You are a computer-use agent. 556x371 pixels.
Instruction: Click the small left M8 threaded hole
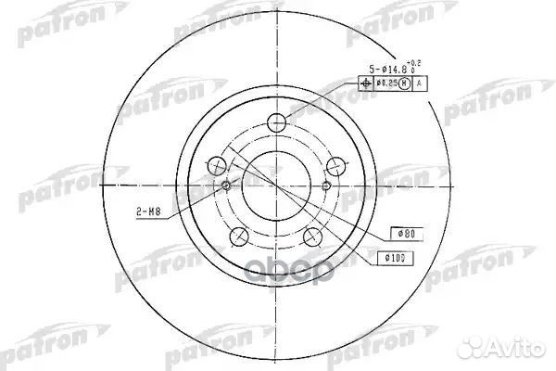point(227,186)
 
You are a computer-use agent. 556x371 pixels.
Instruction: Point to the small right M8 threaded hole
point(325,186)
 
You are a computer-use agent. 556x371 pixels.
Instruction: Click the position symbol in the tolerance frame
point(364,83)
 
